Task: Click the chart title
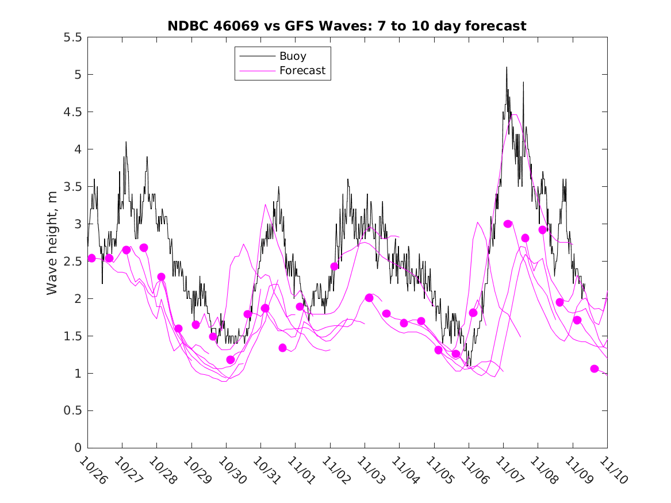coord(347,26)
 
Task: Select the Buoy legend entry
coord(292,56)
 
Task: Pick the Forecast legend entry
coord(302,71)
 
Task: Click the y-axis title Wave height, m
coord(52,242)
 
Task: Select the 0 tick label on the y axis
coord(78,448)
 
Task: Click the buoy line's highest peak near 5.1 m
coord(507,67)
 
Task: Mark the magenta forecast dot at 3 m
coord(508,224)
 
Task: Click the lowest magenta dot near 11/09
coord(595,368)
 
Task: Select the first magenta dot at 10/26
coord(91,258)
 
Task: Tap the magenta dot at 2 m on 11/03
coord(369,298)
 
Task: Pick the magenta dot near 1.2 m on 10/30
coord(231,360)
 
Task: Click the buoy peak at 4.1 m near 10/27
coord(126,142)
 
